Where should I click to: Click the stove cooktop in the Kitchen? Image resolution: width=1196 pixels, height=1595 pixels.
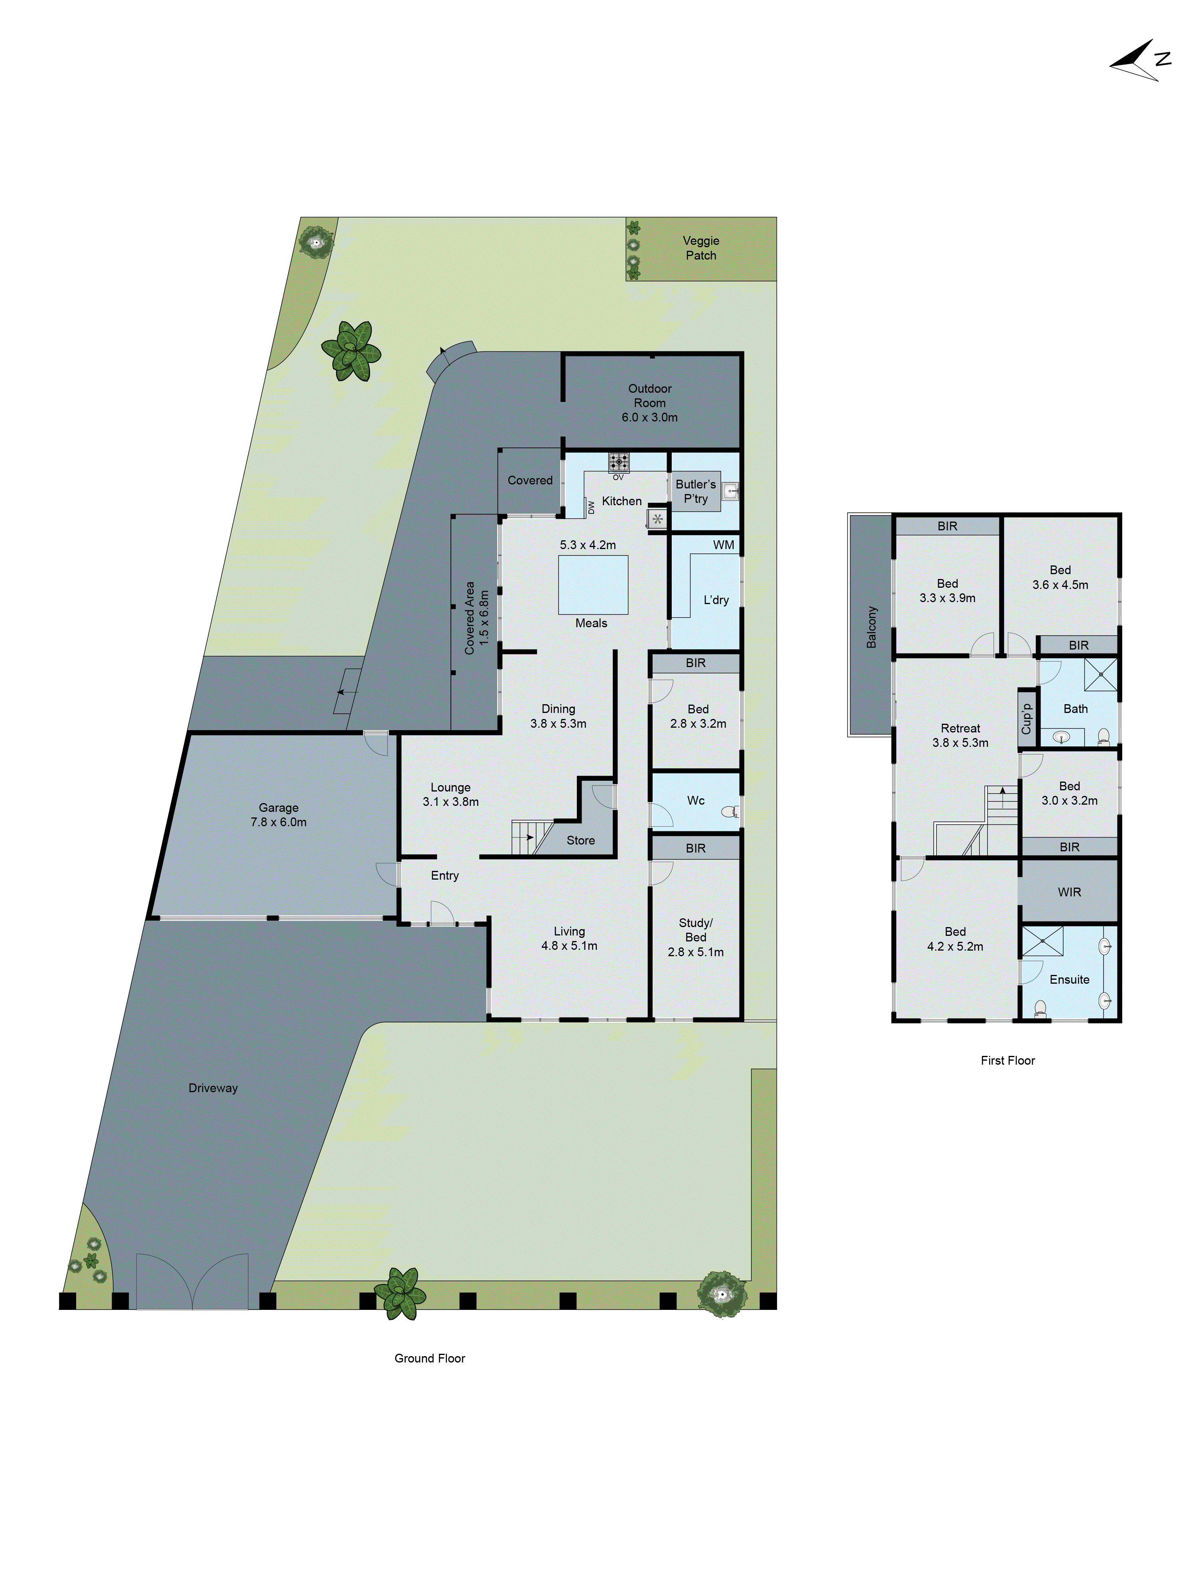pos(618,461)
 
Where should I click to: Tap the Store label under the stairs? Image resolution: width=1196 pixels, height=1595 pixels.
pos(580,840)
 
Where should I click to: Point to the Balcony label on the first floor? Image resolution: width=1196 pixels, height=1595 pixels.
pos(871,626)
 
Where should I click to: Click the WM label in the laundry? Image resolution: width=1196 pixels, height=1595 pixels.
pos(723,544)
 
